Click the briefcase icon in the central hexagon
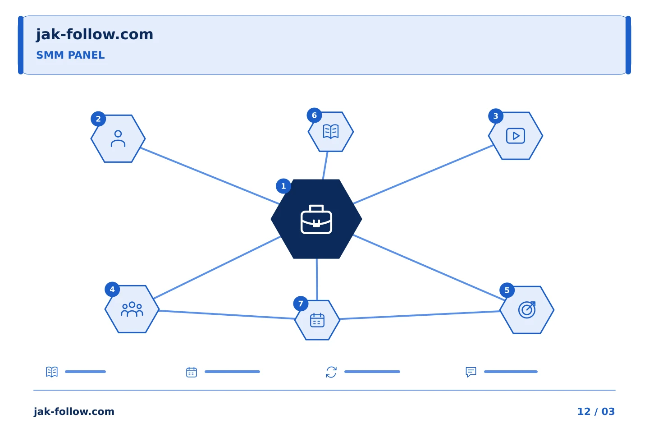316,219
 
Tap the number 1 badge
283,186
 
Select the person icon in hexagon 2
118,138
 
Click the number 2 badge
98,119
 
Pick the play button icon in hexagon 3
516,136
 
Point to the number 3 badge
496,116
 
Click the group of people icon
132,309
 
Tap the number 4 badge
112,290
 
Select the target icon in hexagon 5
527,310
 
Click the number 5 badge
507,290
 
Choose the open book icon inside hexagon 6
331,132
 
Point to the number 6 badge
315,115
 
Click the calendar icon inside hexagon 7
317,320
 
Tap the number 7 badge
301,304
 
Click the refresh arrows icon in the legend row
331,372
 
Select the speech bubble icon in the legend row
471,372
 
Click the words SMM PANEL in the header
70,55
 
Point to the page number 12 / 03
596,411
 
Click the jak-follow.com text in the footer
74,411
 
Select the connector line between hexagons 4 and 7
227,315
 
